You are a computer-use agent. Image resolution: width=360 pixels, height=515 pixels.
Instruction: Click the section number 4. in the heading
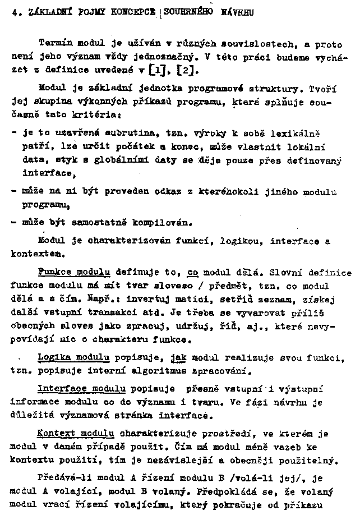[x=15, y=15]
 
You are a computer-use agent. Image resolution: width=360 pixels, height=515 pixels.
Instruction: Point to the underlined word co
[x=193, y=273]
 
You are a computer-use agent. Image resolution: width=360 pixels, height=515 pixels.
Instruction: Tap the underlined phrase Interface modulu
[x=81, y=388]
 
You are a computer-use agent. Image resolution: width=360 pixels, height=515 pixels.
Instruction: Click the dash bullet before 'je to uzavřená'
[x=13, y=134]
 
